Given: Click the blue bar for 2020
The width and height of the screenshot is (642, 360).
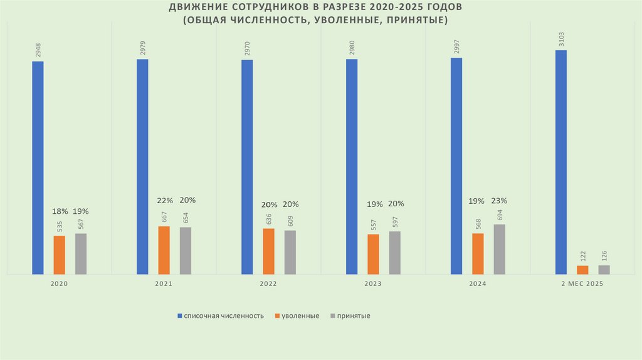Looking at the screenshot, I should pyautogui.click(x=38, y=167).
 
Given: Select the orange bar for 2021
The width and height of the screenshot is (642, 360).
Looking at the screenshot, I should pyautogui.click(x=164, y=250).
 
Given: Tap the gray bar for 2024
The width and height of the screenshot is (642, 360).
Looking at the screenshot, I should pyautogui.click(x=499, y=249).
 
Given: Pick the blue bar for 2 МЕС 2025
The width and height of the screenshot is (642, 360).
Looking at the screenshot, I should pyautogui.click(x=561, y=162).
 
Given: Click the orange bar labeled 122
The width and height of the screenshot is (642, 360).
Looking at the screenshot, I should pyautogui.click(x=582, y=270).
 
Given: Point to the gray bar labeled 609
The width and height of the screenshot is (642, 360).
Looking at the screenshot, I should pyautogui.click(x=290, y=252).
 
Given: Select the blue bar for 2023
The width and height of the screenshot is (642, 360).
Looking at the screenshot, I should pyautogui.click(x=352, y=166).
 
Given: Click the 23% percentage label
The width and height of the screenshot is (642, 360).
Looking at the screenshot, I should pyautogui.click(x=500, y=201).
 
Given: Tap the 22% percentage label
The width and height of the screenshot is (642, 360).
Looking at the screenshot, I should pyautogui.click(x=164, y=201).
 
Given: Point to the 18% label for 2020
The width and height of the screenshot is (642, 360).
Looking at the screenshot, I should pyautogui.click(x=60, y=212).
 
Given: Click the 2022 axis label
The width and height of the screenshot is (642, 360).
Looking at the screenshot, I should pyautogui.click(x=268, y=283).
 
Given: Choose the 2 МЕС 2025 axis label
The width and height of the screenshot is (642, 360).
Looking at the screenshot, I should pyautogui.click(x=582, y=283).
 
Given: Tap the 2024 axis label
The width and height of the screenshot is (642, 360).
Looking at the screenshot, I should pyautogui.click(x=477, y=283).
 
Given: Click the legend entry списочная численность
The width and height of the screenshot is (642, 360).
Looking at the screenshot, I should pyautogui.click(x=223, y=315).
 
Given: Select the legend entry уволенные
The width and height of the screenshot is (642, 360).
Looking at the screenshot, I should pyautogui.click(x=300, y=315).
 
